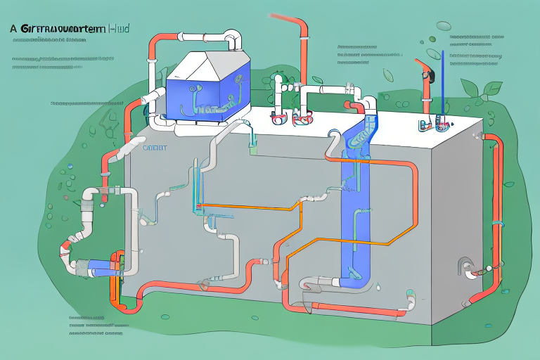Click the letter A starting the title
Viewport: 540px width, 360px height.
pos(13,30)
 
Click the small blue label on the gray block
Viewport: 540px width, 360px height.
pos(153,148)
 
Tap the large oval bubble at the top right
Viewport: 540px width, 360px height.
pos(443,26)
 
